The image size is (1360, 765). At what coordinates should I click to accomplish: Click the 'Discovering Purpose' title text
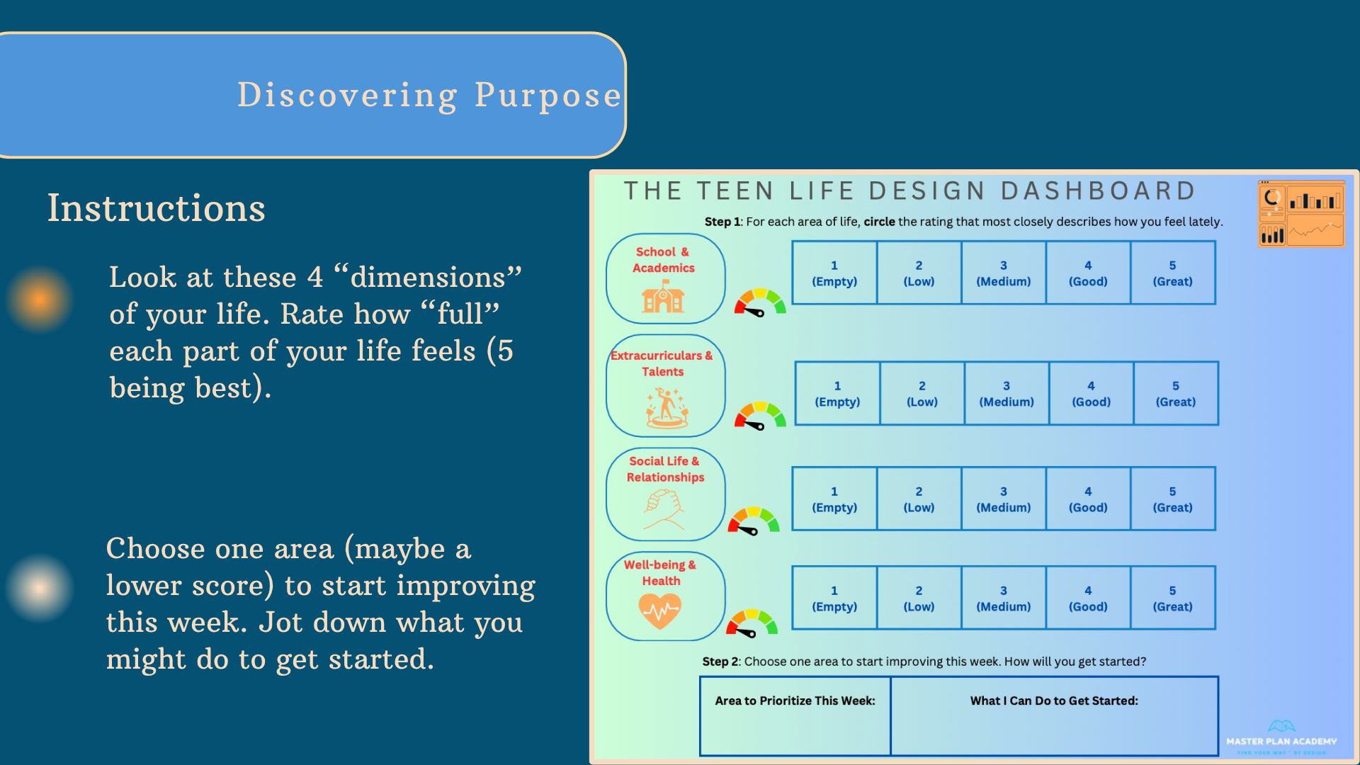429,95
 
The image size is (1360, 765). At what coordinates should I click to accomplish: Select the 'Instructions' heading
156,208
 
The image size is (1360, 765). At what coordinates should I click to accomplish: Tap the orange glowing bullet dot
40,300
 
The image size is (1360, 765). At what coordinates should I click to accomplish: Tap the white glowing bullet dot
40,587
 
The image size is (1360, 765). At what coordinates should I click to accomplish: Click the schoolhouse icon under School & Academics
663,297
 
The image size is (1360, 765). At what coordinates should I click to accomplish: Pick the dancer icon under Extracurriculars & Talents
667,408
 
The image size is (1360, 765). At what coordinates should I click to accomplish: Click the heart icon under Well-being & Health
659,611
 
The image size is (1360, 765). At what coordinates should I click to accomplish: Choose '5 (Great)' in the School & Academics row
1172,273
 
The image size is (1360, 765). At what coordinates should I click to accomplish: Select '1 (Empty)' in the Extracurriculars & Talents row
837,394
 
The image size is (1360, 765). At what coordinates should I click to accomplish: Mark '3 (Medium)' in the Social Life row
1003,499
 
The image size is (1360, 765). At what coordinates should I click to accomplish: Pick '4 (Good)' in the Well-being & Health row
1088,598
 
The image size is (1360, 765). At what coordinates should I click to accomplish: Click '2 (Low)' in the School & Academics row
919,273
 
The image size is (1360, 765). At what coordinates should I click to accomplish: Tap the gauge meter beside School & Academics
759,302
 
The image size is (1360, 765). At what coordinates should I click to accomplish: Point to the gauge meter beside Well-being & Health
752,623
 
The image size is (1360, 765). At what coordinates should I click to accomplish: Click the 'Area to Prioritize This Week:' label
795,701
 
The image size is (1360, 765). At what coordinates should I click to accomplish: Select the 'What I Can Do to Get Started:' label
1054,701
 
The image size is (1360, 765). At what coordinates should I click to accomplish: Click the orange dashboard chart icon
1300,214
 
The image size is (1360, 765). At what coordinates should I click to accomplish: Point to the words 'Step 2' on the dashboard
715,662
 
